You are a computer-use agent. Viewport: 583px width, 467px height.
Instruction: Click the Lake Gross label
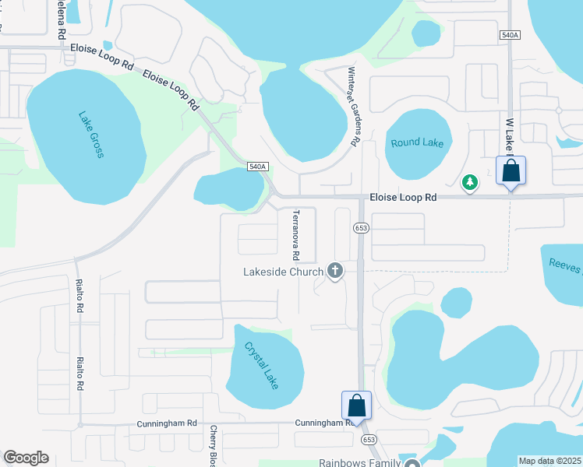coord(91,135)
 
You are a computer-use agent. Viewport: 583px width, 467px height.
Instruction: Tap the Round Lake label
coord(417,142)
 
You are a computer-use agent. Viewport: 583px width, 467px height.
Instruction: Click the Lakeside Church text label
coord(283,272)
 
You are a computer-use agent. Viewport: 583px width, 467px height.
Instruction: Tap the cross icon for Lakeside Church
coord(335,271)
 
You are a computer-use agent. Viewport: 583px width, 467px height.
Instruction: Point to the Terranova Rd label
coord(296,234)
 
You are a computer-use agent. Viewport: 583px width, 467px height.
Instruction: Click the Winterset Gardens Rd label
coord(352,107)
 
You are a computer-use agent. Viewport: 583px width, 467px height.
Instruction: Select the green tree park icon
coord(470,182)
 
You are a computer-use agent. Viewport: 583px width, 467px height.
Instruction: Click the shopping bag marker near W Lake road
coord(511,171)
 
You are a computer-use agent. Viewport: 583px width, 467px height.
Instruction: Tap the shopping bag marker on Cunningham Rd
coord(356,406)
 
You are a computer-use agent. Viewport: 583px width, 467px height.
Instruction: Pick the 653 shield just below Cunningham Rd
coord(369,440)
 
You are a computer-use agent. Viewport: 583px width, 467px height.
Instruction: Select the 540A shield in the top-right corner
coord(510,35)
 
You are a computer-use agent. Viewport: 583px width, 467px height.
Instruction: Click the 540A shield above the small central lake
coord(258,167)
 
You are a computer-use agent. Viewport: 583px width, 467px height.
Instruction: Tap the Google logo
coord(26,458)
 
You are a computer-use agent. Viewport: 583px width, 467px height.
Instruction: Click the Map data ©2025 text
coord(549,461)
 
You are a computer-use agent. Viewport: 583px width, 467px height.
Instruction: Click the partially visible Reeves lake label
coord(564,266)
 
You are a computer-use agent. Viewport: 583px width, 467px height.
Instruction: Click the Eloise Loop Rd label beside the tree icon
coord(403,198)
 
